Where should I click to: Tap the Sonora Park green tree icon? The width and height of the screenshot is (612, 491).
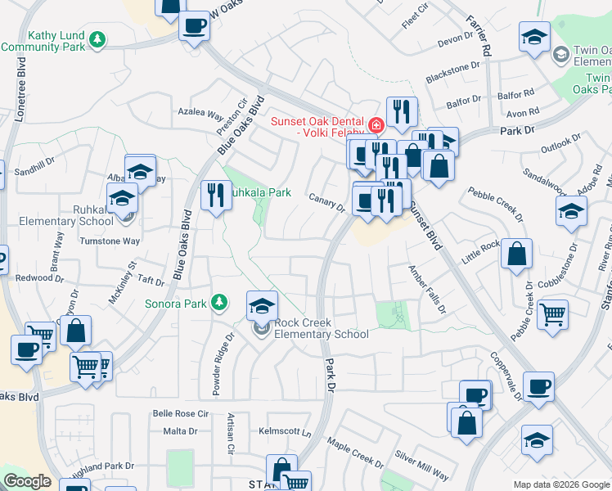pyautogui.click(x=218, y=303)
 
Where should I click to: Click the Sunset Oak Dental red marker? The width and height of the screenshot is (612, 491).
pyautogui.click(x=376, y=125)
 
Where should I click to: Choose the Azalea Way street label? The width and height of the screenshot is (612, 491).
pyautogui.click(x=200, y=114)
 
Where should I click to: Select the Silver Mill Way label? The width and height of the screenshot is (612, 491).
pyautogui.click(x=422, y=474)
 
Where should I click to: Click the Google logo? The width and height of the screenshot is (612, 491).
pyautogui.click(x=27, y=482)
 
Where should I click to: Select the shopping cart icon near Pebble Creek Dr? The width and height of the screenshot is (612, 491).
pyautogui.click(x=553, y=313)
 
